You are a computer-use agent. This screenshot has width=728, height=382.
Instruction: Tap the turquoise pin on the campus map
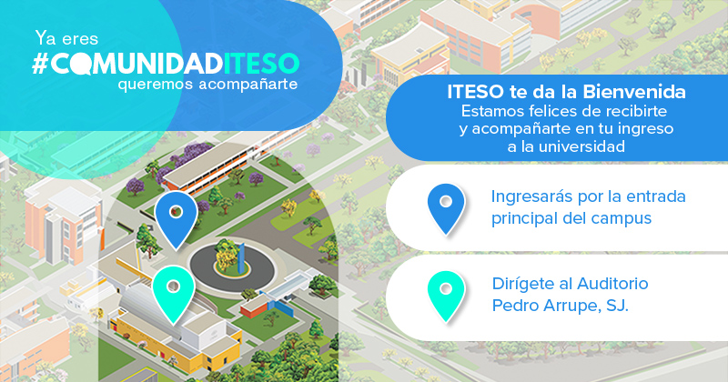pyautogui.click(x=174, y=294)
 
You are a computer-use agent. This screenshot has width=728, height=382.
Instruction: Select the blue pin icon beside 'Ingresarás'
pyautogui.click(x=446, y=209)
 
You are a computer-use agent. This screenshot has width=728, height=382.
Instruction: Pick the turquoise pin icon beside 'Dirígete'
pyautogui.click(x=446, y=297)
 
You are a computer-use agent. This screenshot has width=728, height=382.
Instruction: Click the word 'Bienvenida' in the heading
pyautogui.click(x=634, y=92)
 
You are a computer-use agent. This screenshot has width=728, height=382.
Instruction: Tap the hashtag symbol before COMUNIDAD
pyautogui.click(x=40, y=64)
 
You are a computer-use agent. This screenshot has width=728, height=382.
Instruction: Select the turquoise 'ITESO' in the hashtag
pyautogui.click(x=261, y=64)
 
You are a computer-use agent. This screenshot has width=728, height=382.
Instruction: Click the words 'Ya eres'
pyautogui.click(x=66, y=38)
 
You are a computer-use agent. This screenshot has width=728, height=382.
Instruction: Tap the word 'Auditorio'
pyautogui.click(x=612, y=283)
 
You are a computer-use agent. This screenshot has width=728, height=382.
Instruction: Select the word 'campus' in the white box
pyautogui.click(x=622, y=218)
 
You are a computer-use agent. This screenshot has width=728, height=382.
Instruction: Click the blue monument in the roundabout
pyautogui.click(x=242, y=258)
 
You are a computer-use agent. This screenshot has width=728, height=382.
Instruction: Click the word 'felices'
pyautogui.click(x=543, y=111)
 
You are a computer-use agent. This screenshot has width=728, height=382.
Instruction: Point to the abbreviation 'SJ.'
pyautogui.click(x=617, y=306)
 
